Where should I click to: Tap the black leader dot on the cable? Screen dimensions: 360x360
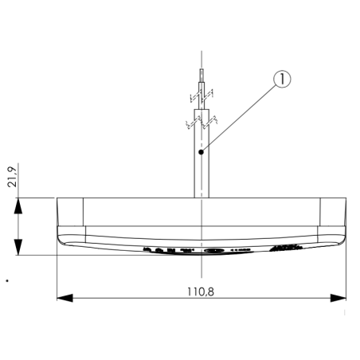click(203, 150)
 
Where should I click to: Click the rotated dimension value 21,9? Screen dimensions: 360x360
click(10, 178)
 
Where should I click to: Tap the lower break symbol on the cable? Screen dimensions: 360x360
click(202, 122)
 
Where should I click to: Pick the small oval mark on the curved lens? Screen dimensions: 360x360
click(213, 251)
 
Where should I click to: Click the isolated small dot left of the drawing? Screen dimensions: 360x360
click(6, 280)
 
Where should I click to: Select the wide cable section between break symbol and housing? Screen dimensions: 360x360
click(202, 171)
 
